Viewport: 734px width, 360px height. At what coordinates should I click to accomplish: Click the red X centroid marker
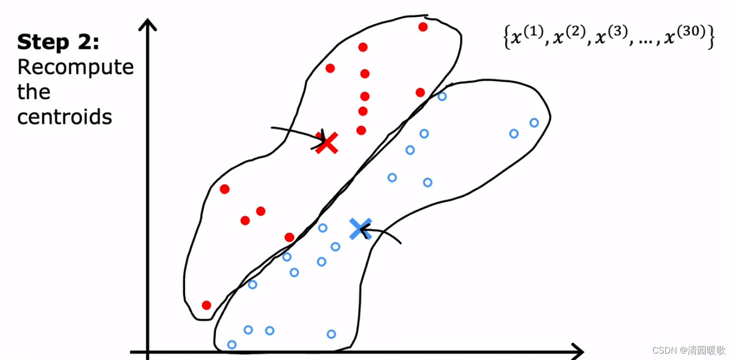[x=327, y=143]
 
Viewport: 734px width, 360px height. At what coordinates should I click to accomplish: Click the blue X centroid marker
[x=360, y=229]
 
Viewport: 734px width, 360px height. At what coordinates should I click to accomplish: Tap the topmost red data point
[x=422, y=27]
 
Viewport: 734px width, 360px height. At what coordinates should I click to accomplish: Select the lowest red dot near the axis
[x=206, y=305]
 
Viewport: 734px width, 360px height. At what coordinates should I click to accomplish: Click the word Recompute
[x=76, y=67]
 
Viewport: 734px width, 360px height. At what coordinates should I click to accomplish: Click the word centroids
[x=64, y=117]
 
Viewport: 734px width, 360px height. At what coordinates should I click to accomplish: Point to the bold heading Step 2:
[x=58, y=42]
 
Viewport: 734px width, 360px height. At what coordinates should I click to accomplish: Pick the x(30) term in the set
[x=685, y=35]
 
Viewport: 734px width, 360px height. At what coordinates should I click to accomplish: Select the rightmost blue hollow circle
[x=534, y=123]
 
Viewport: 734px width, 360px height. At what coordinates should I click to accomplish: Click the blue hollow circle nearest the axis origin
[x=232, y=344]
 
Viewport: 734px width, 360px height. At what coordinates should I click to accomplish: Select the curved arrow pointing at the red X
[x=298, y=133]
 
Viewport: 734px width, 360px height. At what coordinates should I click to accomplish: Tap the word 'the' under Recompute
[x=34, y=92]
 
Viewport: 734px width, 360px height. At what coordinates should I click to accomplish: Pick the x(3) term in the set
[x=611, y=35]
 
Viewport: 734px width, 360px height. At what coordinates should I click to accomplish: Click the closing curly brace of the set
[x=711, y=36]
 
